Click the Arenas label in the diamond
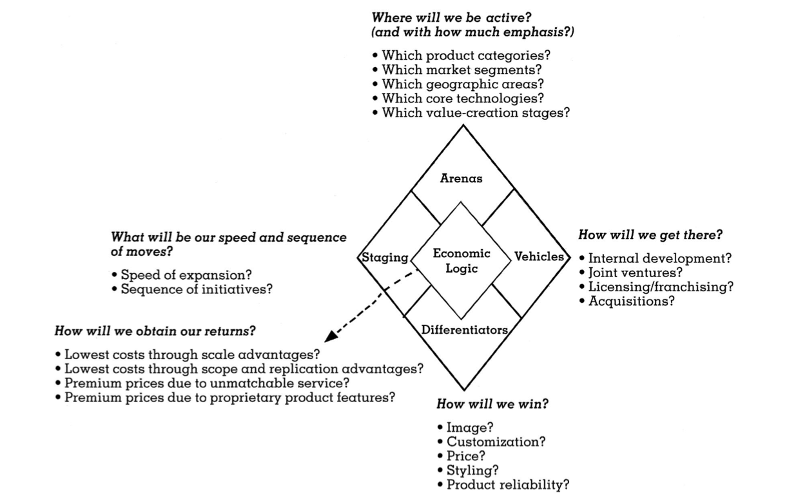tap(461, 179)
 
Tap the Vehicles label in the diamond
tap(539, 257)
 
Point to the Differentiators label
tap(464, 330)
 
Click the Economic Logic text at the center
tap(462, 261)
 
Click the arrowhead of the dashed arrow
tap(331, 336)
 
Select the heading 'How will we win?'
tap(492, 405)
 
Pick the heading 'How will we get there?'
tap(650, 235)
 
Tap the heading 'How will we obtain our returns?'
tap(155, 331)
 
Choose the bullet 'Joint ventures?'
tap(635, 273)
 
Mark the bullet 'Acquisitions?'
tap(631, 301)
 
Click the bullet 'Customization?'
tap(496, 442)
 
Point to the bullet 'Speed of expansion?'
tap(186, 275)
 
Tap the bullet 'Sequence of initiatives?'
tap(197, 289)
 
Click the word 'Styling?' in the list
tap(472, 470)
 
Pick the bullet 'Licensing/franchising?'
tap(661, 287)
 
